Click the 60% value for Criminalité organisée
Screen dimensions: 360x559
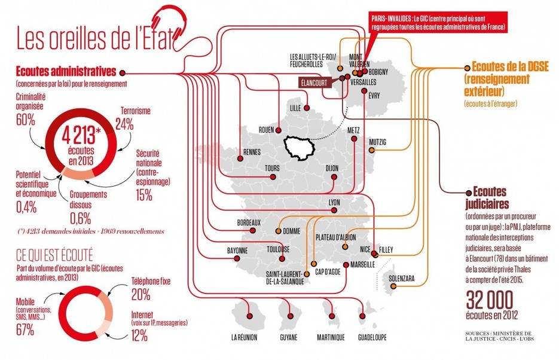coord(26,120)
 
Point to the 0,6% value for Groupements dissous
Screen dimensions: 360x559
coord(81,216)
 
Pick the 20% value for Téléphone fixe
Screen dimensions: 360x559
coord(141,294)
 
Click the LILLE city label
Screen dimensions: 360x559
coord(295,108)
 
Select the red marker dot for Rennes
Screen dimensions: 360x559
coord(240,159)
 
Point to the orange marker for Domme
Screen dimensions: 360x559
coord(278,231)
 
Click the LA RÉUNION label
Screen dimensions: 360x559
coord(245,337)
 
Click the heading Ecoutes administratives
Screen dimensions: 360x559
coord(62,71)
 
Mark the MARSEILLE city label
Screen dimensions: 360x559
coord(362,264)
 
